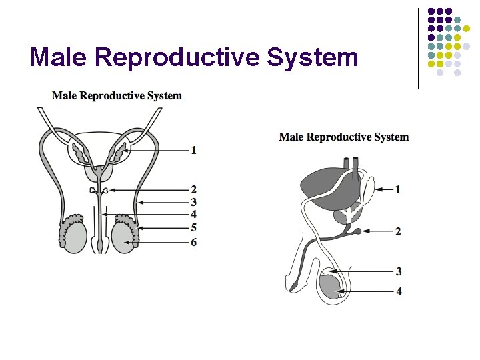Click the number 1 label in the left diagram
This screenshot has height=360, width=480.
click(x=193, y=151)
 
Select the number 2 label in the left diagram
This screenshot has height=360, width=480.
click(x=193, y=189)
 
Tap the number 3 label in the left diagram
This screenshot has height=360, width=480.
click(x=193, y=202)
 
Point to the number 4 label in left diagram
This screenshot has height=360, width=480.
click(x=193, y=215)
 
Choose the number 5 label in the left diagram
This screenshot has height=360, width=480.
click(x=193, y=228)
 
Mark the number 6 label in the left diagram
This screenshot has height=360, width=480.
click(x=193, y=243)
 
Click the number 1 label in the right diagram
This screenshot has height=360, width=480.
click(x=398, y=190)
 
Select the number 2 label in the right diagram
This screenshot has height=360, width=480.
click(x=398, y=232)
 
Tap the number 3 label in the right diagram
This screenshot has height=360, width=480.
click(x=399, y=271)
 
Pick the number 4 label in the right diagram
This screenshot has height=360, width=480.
click(x=399, y=291)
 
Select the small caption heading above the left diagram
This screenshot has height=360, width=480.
click(x=117, y=96)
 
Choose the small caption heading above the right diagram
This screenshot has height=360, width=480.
click(x=343, y=137)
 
